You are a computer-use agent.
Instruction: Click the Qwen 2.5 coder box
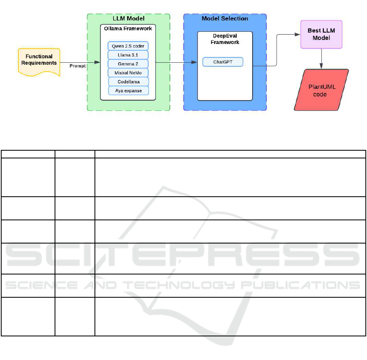128,46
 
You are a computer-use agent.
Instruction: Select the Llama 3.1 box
128,55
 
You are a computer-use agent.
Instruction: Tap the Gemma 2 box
128,64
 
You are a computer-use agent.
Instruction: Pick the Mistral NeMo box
128,73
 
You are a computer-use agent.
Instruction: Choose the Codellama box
128,82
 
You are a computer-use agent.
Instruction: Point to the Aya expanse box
128,90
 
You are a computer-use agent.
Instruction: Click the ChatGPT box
223,62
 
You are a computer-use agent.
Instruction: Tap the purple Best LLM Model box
322,34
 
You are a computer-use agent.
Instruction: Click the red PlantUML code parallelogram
322,90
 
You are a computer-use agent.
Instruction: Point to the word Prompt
77,66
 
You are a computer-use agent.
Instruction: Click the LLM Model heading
128,18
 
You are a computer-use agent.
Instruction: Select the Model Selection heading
225,18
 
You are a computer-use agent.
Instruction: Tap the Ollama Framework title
128,29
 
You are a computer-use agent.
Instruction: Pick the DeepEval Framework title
225,39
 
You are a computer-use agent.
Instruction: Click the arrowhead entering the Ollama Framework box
98,62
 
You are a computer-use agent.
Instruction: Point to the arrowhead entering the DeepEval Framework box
195,62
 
